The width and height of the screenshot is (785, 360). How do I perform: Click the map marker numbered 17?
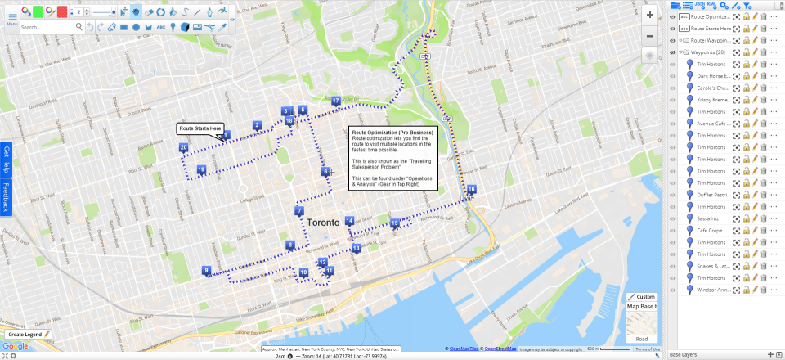click(336, 101)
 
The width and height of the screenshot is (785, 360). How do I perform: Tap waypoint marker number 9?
click(207, 271)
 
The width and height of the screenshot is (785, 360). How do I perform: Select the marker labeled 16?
click(471, 189)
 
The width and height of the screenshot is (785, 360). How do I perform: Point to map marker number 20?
click(183, 147)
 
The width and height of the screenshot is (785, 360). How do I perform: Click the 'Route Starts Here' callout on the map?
click(200, 128)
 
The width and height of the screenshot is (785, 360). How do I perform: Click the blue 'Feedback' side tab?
click(7, 197)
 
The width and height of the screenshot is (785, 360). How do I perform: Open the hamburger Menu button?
click(11, 17)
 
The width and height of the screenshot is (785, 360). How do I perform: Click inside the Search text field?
click(49, 27)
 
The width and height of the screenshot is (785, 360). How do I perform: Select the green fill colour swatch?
click(38, 11)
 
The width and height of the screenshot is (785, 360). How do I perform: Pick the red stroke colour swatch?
click(62, 11)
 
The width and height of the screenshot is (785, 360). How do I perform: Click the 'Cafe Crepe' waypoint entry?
click(709, 231)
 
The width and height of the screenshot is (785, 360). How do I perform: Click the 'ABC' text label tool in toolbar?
click(160, 27)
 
